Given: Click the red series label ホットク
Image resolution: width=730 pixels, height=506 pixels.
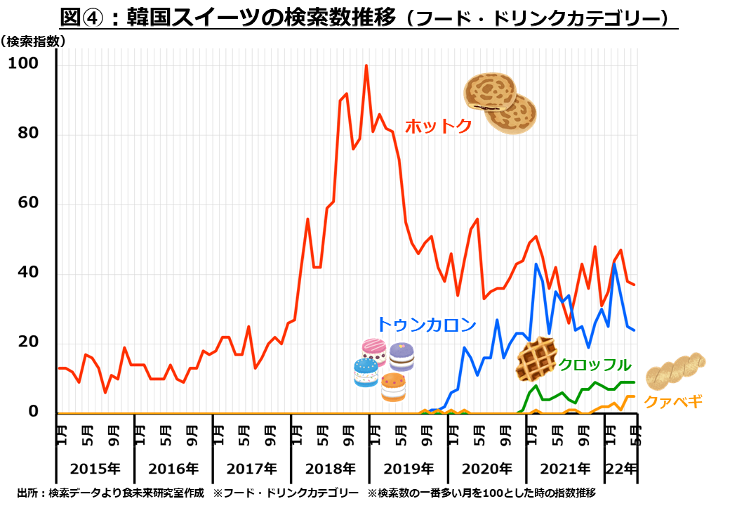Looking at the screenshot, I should (x=437, y=126).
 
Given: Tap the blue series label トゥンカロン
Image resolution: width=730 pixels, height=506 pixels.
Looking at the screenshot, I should (x=427, y=324).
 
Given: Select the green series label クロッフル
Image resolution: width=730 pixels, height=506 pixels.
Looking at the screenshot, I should (x=595, y=364).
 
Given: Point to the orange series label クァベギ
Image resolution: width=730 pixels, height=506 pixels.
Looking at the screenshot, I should (x=673, y=401).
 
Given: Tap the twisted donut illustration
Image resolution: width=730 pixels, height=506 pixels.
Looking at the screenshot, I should (x=675, y=370).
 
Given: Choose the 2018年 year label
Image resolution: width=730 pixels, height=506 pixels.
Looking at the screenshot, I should (x=331, y=468).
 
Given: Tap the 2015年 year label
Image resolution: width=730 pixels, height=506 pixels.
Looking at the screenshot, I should (x=95, y=468).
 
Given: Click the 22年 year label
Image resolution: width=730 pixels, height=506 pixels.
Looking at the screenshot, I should (x=622, y=468).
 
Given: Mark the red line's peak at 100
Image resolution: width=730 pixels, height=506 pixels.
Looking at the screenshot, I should (x=366, y=65).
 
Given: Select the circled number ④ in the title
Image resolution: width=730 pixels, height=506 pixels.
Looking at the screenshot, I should (x=102, y=16).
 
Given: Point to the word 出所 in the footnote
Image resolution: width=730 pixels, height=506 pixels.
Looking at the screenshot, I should (x=27, y=493).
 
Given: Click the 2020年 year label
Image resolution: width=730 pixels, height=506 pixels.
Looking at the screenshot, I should (x=487, y=468).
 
